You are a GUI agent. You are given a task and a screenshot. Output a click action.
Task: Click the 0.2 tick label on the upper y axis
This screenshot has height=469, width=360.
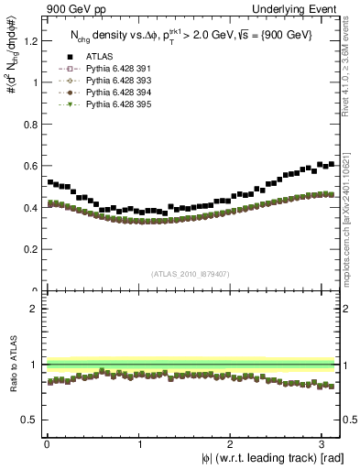pyautogui.click(x=30, y=249)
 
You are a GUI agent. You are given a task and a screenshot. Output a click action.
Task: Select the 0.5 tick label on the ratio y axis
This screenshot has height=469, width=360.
pyautogui.click(x=30, y=420)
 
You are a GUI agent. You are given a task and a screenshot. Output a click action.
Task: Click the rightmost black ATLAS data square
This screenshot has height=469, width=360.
pyautogui.click(x=332, y=164)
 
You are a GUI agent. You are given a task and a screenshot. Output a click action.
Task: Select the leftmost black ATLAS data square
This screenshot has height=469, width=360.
pyautogui.click(x=50, y=182)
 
